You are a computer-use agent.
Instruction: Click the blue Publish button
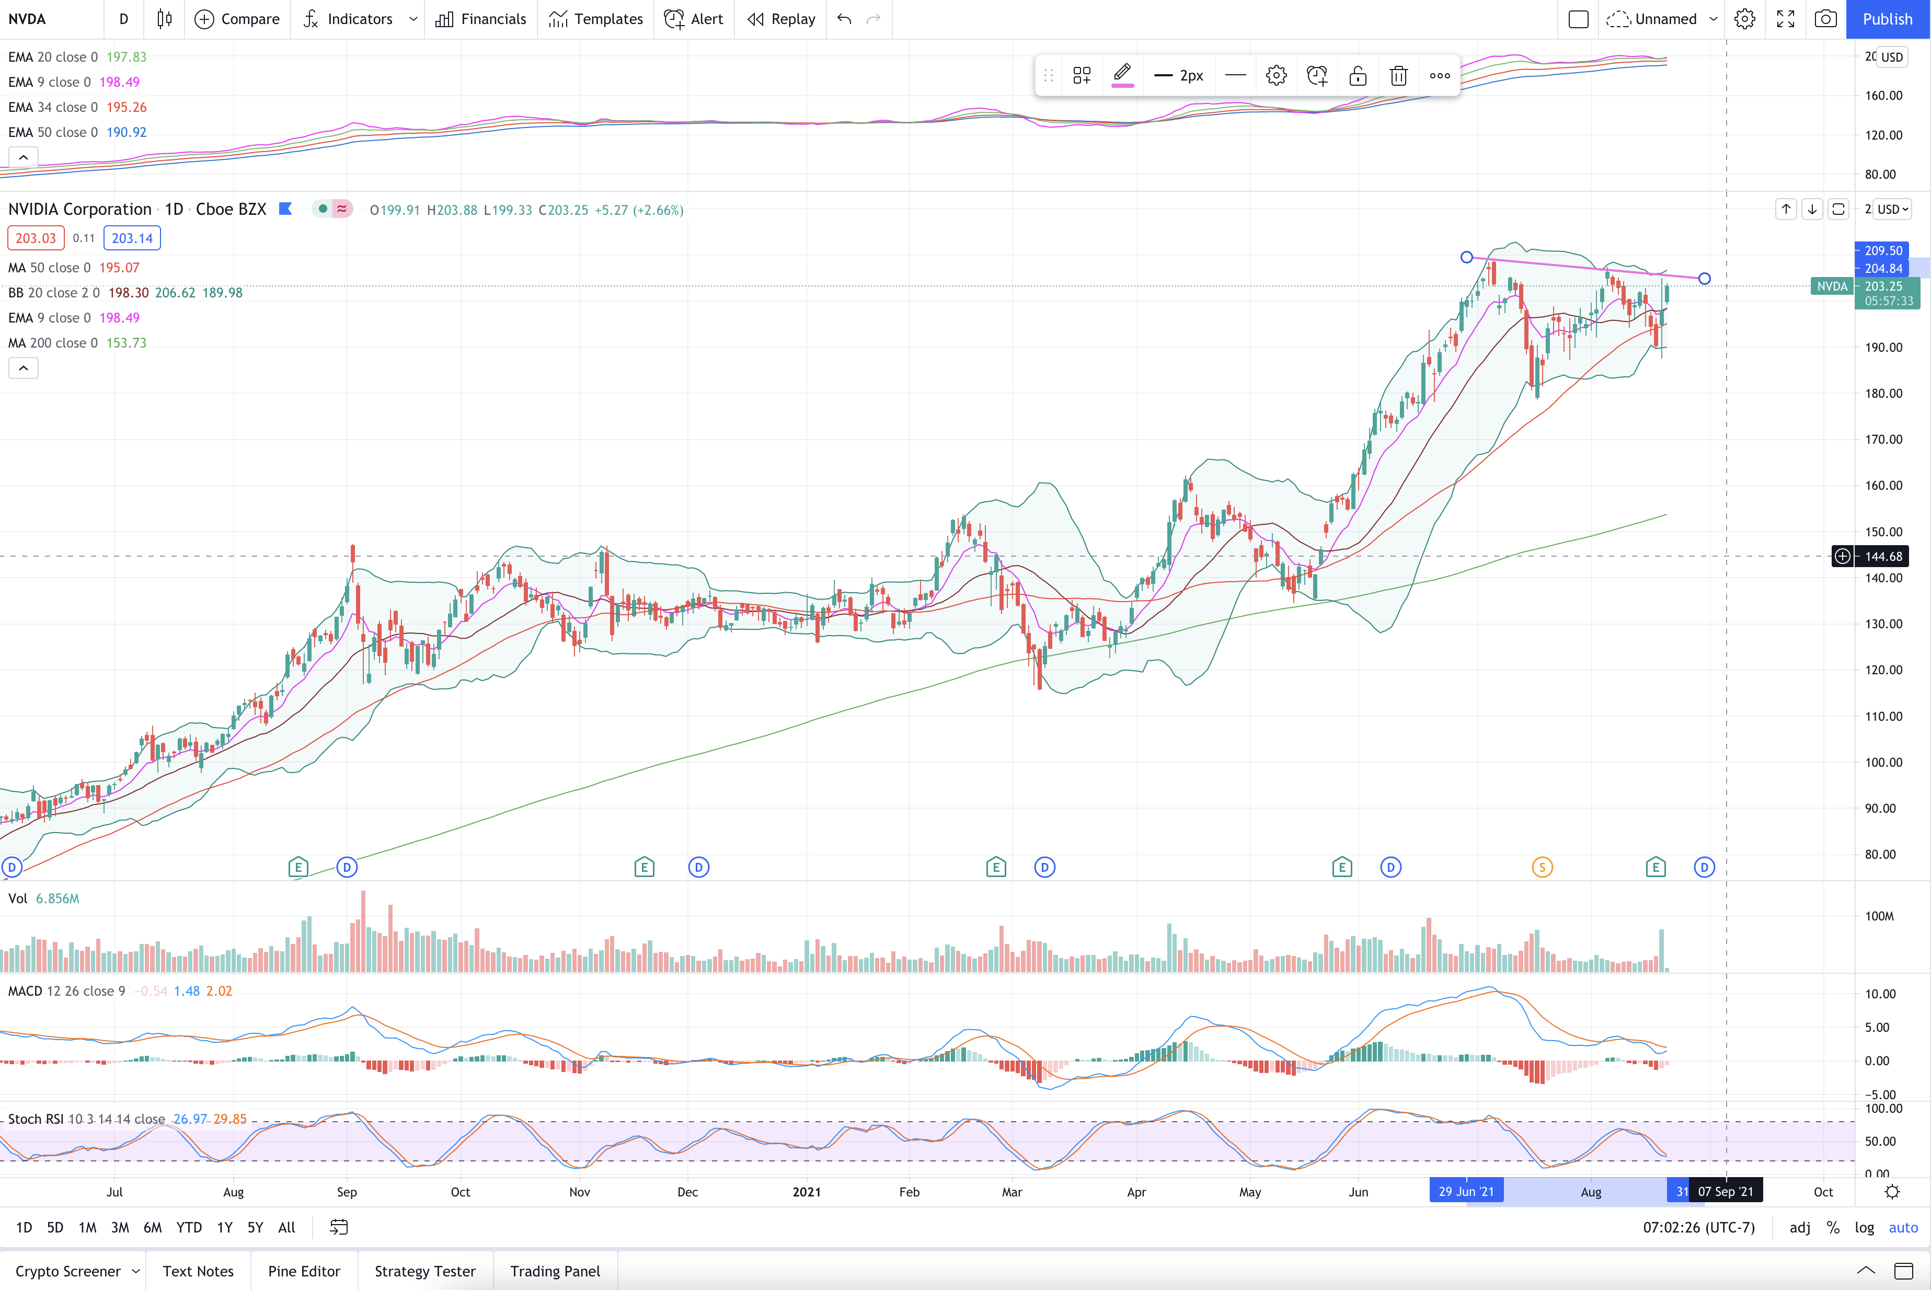[x=1888, y=19]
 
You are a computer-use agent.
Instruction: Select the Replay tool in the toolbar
[x=781, y=19]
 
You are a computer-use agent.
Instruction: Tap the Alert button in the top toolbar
[x=694, y=19]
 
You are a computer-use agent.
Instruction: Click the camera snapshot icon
[x=1826, y=19]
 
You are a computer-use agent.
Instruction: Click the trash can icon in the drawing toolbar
[x=1398, y=76]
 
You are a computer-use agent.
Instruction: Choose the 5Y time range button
[x=255, y=1227]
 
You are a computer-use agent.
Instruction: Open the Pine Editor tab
[x=304, y=1271]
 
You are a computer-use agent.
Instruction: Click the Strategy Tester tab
[x=424, y=1271]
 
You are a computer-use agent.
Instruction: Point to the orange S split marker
[x=1542, y=867]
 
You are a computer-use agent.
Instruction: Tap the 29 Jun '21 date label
[x=1466, y=1191]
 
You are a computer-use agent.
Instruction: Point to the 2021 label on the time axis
[x=806, y=1192]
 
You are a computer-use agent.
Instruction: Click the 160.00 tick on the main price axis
[x=1883, y=486]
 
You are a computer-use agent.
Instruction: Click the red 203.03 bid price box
[x=36, y=238]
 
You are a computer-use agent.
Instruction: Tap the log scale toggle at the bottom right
[x=1864, y=1227]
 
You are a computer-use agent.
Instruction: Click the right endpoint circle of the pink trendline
[x=1704, y=279]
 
